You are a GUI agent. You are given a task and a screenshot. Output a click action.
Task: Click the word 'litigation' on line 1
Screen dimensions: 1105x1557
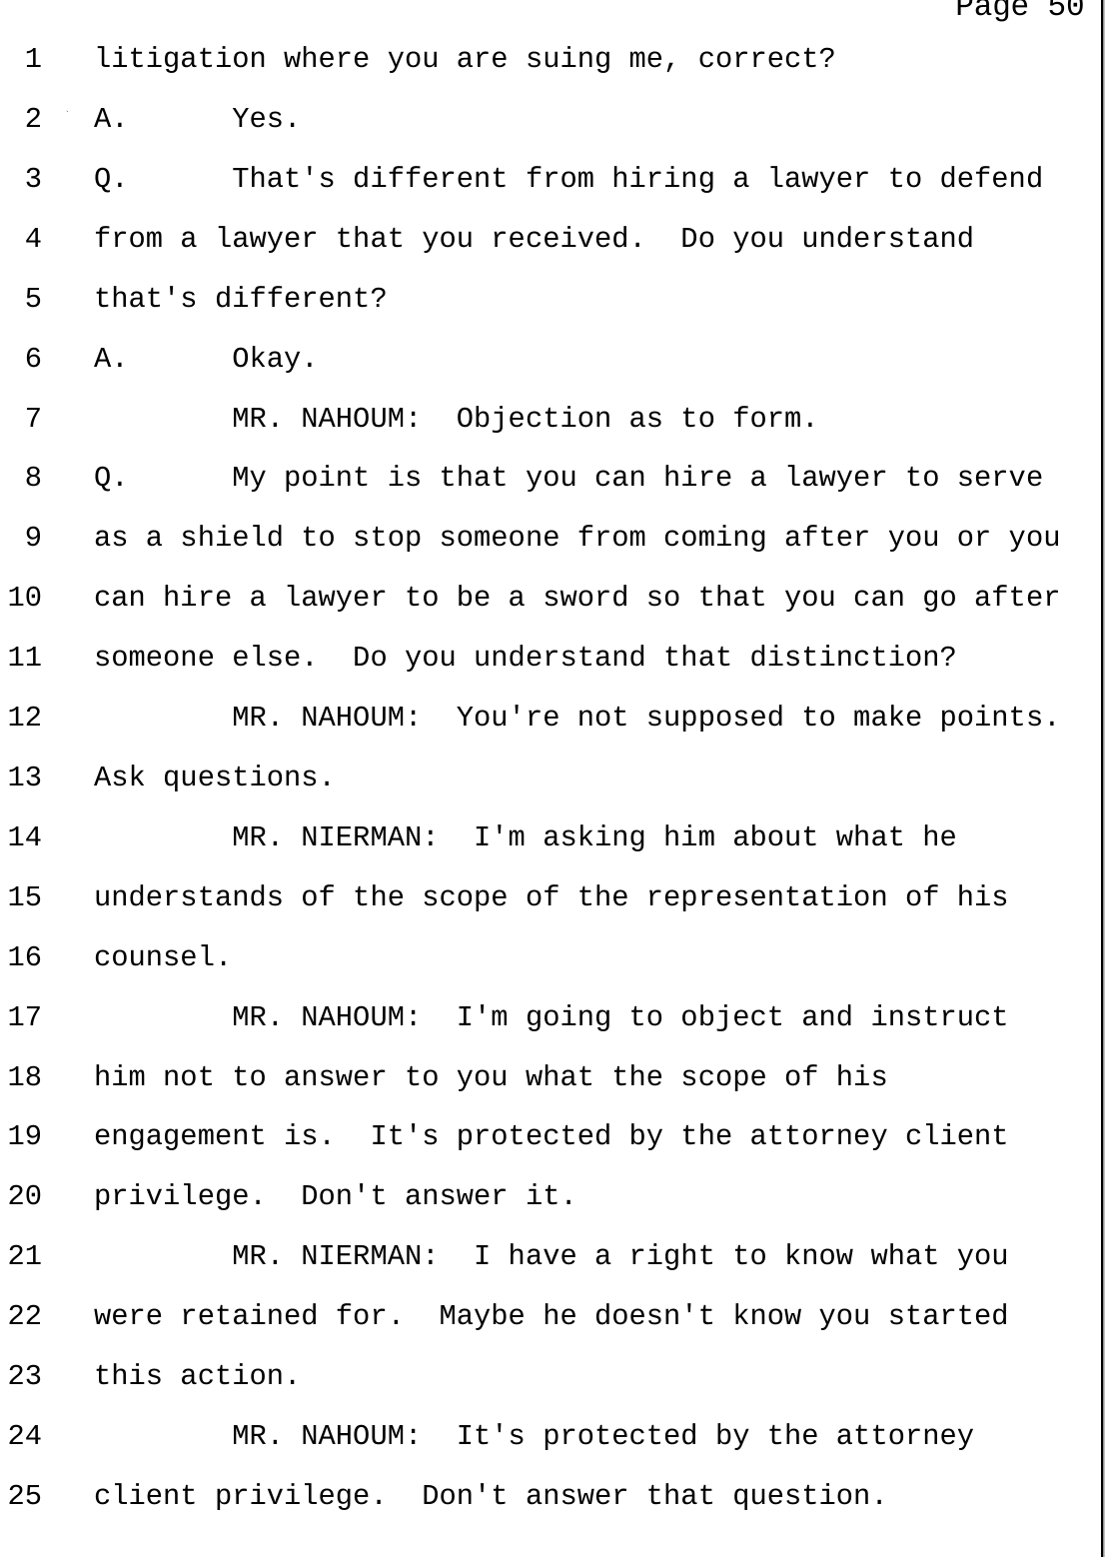click(x=181, y=58)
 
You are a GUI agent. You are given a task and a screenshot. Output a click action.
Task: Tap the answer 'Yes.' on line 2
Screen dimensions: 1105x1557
click(x=266, y=118)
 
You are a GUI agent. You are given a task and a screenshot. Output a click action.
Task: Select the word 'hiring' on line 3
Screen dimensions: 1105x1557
click(x=663, y=179)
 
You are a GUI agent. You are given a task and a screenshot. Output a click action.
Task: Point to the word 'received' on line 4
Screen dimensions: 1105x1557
click(x=567, y=239)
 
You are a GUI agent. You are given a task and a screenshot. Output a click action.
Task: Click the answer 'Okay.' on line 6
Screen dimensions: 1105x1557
click(x=275, y=359)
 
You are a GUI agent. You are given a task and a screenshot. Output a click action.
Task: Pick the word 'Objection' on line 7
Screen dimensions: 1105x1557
click(x=534, y=419)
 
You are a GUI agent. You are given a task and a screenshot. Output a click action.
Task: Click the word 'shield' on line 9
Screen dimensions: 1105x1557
click(x=232, y=538)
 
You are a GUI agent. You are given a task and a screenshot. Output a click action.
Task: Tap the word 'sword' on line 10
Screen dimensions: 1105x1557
click(x=585, y=598)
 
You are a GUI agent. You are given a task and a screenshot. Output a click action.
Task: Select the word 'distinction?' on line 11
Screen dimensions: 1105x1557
click(x=852, y=658)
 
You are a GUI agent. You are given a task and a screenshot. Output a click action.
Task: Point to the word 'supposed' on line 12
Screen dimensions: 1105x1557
click(x=715, y=718)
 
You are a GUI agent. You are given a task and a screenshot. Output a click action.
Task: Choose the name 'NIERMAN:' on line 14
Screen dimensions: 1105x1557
click(x=370, y=836)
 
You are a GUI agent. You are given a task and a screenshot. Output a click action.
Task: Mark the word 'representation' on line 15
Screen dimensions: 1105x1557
click(x=766, y=897)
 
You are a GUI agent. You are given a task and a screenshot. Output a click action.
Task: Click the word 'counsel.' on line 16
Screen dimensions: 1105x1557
click(x=162, y=957)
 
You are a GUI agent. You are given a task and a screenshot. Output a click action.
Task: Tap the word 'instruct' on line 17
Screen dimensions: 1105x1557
click(x=939, y=1017)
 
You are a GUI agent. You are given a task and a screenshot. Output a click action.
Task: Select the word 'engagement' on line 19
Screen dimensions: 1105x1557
click(x=180, y=1136)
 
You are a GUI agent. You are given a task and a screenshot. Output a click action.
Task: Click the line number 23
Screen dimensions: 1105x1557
click(x=25, y=1376)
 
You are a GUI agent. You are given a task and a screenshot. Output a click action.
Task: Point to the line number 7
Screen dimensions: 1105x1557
click(x=33, y=419)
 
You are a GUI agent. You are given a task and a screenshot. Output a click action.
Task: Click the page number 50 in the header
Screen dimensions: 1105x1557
click(x=1066, y=8)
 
